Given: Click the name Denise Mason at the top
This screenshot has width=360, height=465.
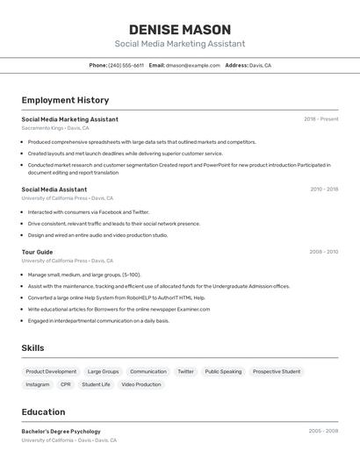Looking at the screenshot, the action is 180,29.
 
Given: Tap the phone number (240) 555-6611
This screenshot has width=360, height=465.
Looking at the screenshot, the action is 126,65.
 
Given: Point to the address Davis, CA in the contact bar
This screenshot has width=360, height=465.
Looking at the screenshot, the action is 260,65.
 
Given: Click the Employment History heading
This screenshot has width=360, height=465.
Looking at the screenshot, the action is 65,100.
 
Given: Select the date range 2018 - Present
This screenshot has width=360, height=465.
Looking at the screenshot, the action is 320,118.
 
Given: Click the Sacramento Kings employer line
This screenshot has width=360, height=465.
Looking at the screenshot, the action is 55,128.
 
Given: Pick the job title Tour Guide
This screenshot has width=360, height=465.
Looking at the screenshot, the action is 37,252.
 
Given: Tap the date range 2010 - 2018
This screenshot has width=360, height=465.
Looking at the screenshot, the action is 323,189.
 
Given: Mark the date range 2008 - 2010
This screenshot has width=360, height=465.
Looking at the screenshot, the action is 323,252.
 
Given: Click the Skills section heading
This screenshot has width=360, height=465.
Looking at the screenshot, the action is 32,348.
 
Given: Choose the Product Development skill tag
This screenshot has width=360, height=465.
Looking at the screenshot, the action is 51,371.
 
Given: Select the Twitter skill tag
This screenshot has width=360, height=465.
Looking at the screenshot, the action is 185,371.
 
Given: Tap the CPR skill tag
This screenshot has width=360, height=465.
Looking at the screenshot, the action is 66,384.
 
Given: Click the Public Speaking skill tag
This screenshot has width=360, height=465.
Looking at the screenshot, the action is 223,371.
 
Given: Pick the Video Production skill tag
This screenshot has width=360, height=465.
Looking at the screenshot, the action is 141,384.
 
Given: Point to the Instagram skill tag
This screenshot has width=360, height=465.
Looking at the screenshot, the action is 38,384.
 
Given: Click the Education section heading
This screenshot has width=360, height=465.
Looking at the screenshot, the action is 44,411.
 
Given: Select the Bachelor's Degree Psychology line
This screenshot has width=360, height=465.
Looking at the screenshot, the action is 61,431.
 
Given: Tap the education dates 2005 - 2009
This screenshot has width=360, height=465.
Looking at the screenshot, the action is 323,431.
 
